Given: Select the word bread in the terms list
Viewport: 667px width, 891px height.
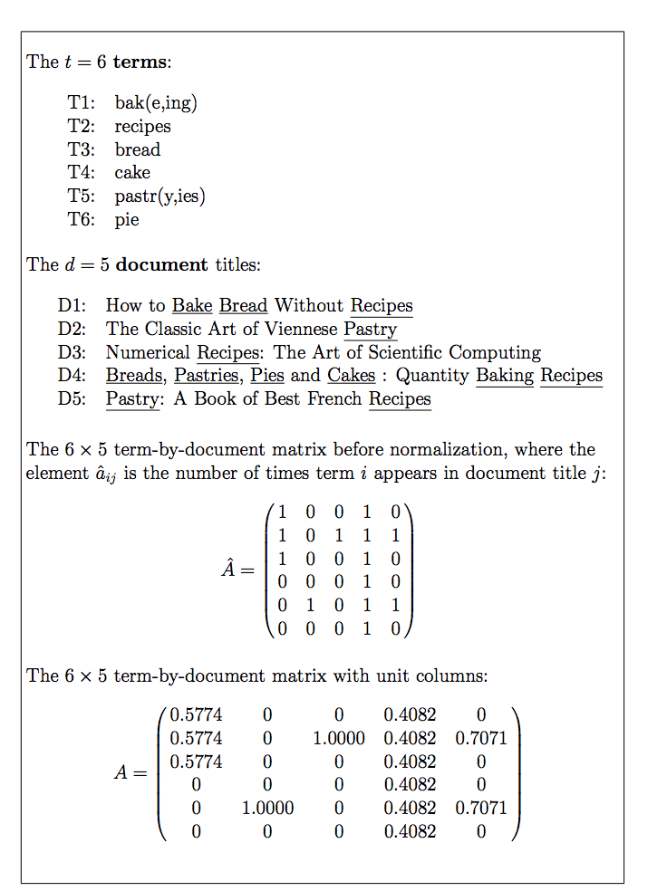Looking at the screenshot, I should [x=137, y=149].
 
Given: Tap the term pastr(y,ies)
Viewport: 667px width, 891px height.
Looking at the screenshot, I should [x=159, y=196].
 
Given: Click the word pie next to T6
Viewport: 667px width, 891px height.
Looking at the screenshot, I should [x=127, y=219].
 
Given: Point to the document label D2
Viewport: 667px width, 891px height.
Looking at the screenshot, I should [x=72, y=329].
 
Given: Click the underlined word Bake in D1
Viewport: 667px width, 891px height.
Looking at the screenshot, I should [x=192, y=306].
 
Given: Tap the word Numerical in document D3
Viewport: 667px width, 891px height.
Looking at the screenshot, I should [x=148, y=352].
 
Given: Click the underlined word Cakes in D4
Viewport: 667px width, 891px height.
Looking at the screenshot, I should [x=351, y=375].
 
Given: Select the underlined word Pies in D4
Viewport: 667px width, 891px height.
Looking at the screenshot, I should [x=267, y=375].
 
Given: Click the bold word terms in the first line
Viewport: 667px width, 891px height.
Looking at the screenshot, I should [x=140, y=62].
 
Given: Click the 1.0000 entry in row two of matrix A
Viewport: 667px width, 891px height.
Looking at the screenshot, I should [x=338, y=739].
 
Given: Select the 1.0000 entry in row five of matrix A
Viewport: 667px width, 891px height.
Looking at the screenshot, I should [x=267, y=808].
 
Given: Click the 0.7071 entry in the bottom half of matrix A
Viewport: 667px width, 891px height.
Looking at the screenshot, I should [x=481, y=808].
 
